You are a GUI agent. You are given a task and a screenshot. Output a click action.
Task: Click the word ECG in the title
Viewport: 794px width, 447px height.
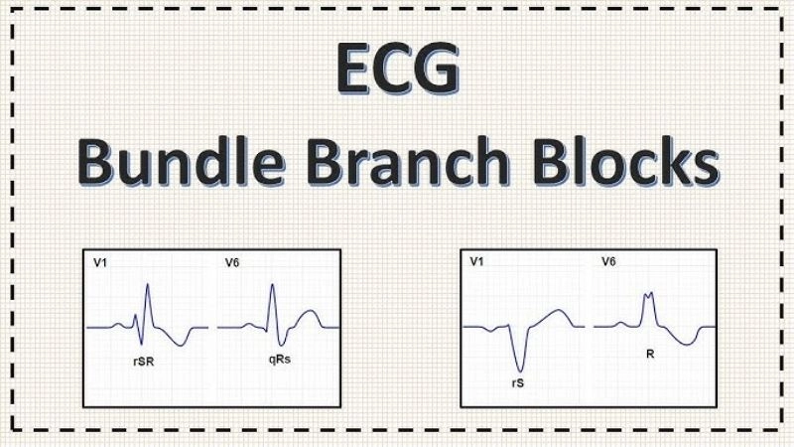click(398, 73)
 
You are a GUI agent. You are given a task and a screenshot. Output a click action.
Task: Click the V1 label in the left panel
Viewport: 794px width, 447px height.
click(101, 263)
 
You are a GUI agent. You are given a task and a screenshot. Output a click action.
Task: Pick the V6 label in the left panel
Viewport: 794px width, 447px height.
click(231, 263)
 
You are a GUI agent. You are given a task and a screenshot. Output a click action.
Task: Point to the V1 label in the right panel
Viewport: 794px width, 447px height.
click(476, 262)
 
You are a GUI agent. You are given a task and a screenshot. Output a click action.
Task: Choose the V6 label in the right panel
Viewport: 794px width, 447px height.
click(608, 262)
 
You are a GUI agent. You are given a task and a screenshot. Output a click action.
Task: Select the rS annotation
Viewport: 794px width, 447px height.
click(516, 379)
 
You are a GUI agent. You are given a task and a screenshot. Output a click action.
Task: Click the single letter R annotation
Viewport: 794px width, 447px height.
click(651, 352)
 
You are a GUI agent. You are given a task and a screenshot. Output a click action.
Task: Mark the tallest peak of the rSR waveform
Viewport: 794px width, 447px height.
click(148, 285)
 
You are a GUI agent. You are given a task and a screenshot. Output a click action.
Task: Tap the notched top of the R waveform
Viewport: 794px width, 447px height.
click(649, 295)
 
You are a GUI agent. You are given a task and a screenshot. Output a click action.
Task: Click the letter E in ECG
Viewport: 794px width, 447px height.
click(354, 73)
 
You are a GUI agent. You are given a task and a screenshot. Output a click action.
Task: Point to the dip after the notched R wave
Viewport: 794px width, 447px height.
click(684, 344)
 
